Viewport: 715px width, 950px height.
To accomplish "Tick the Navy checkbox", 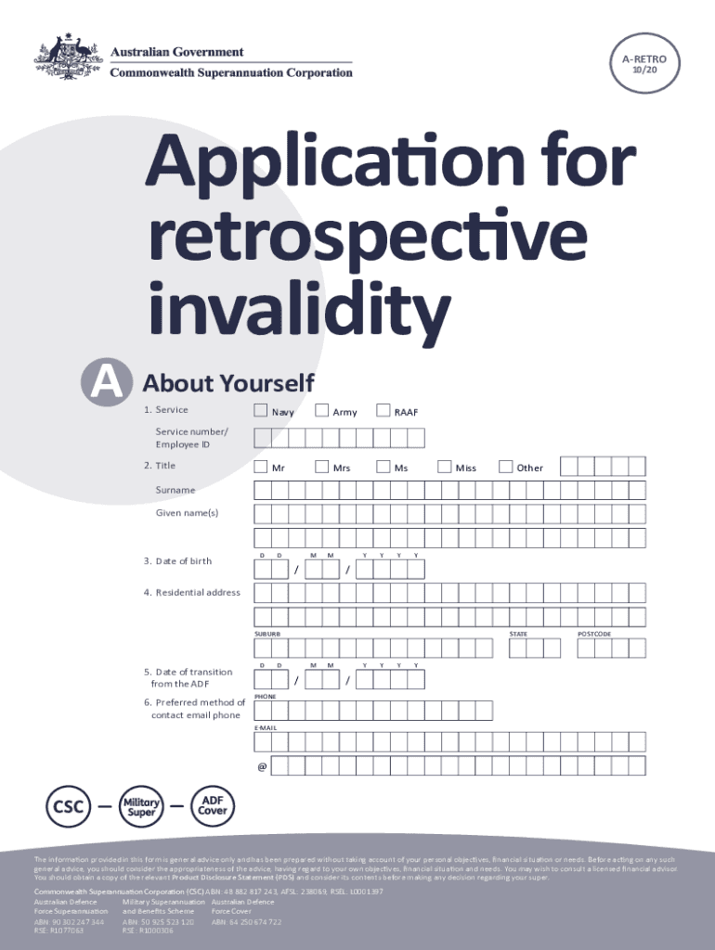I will click(x=261, y=410).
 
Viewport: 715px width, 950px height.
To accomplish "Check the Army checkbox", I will click(x=321, y=410).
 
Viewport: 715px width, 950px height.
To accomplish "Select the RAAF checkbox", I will click(x=383, y=410).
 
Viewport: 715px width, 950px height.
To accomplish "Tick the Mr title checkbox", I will click(x=261, y=466).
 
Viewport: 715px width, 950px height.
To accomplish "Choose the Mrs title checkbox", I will click(x=321, y=466).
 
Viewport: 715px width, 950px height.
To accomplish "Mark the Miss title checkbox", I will click(x=444, y=466).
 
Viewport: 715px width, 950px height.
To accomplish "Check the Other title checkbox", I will click(x=505, y=466).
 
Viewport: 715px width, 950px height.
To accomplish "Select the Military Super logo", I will click(x=142, y=806).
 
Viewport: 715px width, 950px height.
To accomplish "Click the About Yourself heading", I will click(x=228, y=382).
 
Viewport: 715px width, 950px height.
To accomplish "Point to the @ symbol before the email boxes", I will click(x=262, y=766).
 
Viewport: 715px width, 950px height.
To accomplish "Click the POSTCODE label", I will click(x=594, y=635).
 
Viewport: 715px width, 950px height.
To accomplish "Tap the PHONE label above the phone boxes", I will click(x=266, y=695).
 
